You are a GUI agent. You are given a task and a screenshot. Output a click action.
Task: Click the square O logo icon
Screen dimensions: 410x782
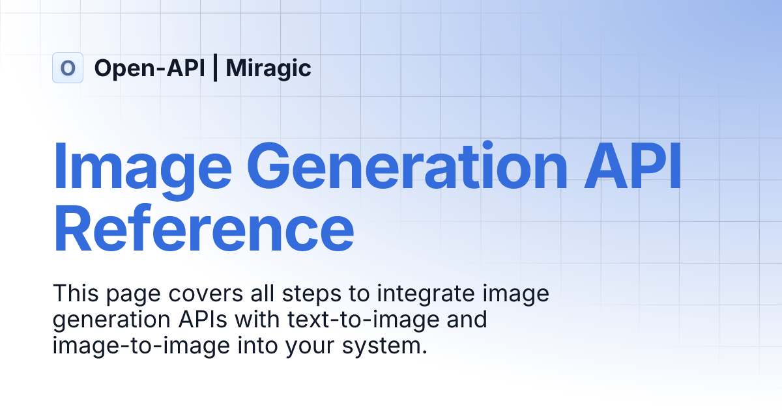(68, 68)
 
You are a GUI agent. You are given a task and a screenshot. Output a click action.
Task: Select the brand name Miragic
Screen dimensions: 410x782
(268, 68)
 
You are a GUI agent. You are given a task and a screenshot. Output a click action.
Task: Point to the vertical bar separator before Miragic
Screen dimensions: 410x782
(216, 68)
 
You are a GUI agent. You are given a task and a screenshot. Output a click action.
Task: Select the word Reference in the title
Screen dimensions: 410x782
(204, 228)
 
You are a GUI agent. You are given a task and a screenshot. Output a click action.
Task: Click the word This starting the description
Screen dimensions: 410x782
(74, 294)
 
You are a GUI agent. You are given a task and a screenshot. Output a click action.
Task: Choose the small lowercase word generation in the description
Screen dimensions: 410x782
(104, 321)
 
